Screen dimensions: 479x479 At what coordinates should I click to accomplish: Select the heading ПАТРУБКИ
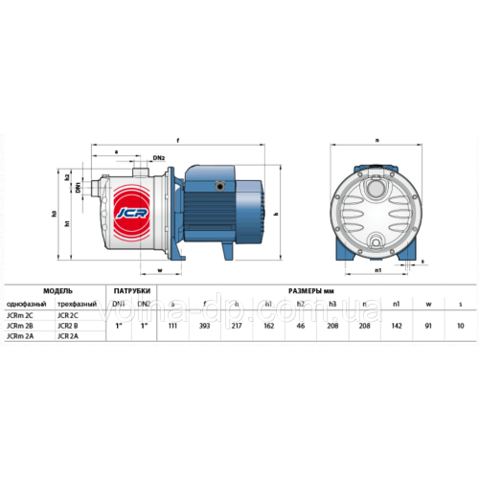(131, 288)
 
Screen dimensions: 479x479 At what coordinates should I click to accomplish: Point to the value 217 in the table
(237, 325)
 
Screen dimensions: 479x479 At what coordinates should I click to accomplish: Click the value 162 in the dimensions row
(269, 325)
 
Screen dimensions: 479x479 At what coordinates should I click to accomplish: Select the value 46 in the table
(301, 325)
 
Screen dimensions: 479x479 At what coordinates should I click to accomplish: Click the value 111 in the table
(172, 325)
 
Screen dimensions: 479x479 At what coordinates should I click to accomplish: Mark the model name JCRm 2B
(20, 325)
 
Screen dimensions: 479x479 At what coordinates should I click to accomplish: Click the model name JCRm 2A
(20, 335)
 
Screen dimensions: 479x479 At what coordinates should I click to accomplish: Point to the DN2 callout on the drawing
(159, 158)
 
